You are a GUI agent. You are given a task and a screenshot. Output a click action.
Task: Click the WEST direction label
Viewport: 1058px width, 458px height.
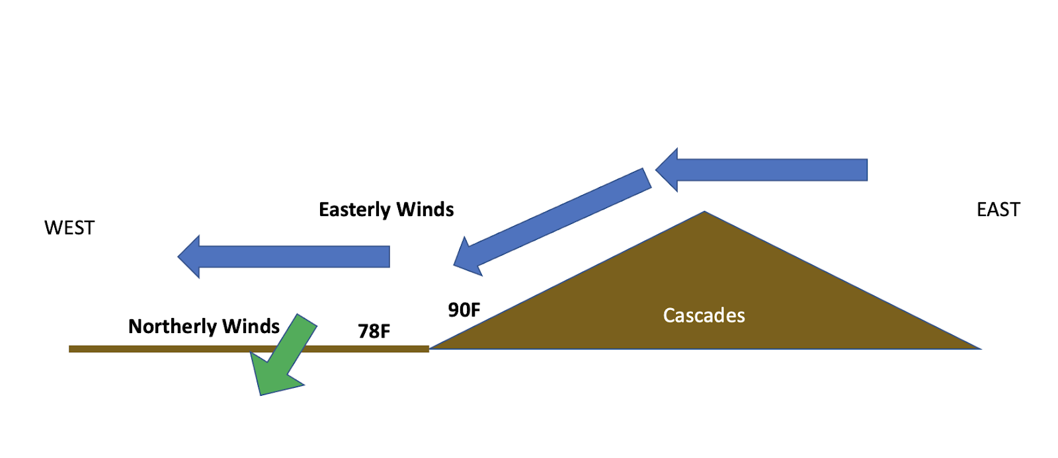pyautogui.click(x=69, y=228)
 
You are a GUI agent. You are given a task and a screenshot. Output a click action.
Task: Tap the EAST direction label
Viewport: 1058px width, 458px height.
pyautogui.click(x=998, y=210)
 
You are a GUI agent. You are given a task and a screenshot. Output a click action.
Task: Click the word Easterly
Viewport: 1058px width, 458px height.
pyautogui.click(x=354, y=210)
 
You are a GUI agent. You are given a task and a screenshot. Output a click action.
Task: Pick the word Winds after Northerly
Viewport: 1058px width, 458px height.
pyautogui.click(x=251, y=326)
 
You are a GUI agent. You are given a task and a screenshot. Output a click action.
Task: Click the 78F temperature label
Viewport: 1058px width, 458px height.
pyautogui.click(x=374, y=331)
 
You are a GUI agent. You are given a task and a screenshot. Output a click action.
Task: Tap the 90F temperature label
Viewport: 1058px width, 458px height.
pyautogui.click(x=464, y=310)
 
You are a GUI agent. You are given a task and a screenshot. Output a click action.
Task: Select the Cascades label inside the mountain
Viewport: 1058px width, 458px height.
pyautogui.click(x=704, y=316)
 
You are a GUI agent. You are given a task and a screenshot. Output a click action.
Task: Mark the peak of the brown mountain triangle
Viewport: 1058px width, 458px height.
pyautogui.click(x=704, y=212)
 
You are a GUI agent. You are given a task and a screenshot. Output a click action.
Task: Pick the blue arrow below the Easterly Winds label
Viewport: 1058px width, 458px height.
pyautogui.click(x=291, y=256)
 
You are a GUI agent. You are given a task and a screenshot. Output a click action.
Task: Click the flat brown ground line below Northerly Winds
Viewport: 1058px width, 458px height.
pyautogui.click(x=165, y=349)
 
